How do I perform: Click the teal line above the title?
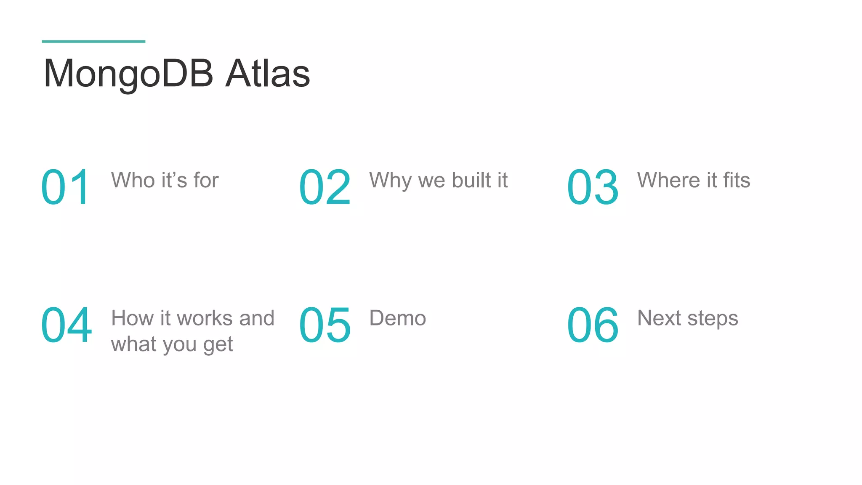click(x=93, y=41)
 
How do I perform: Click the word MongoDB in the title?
click(x=128, y=74)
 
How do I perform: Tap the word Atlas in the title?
click(x=268, y=74)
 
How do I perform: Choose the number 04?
click(x=67, y=325)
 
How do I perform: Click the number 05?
click(x=325, y=325)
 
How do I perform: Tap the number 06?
click(x=593, y=325)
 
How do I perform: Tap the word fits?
click(x=737, y=180)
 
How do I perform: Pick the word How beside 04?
click(x=132, y=318)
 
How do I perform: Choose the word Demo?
click(x=397, y=318)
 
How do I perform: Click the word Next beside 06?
click(x=659, y=318)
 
